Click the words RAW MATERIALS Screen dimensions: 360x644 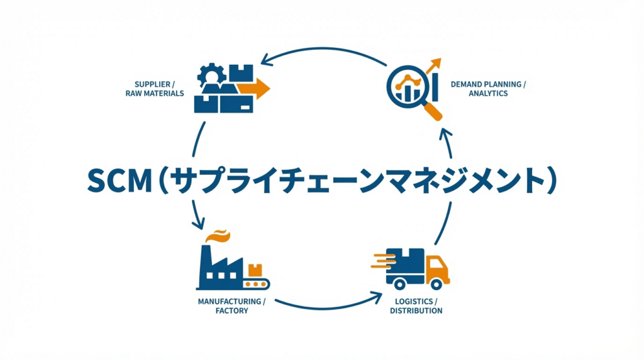[155, 93]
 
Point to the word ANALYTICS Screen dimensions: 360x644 [488, 93]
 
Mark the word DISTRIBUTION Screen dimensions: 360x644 [416, 311]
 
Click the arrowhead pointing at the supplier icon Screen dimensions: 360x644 [266, 60]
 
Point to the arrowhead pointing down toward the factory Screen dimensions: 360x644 [197, 223]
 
